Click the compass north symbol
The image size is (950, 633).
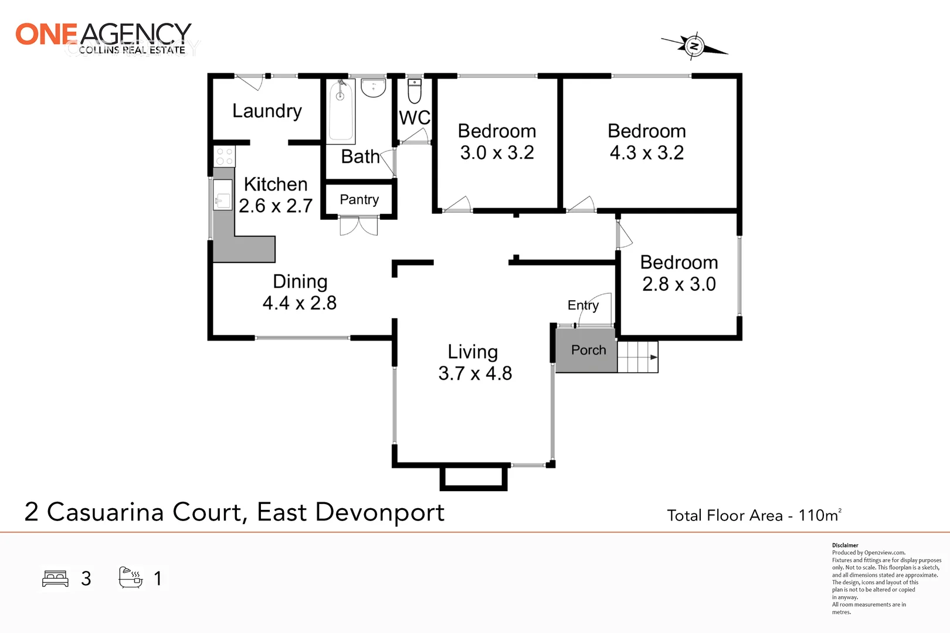694,46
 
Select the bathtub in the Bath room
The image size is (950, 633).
341,110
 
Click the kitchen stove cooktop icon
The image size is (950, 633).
224,156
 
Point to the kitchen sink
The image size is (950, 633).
222,195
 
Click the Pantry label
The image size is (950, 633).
359,199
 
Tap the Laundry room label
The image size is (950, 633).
267,111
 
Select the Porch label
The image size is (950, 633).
588,350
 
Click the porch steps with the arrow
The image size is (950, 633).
638,356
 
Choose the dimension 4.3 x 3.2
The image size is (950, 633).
646,153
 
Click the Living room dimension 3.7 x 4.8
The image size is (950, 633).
475,373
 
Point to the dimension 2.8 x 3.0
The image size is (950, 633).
678,284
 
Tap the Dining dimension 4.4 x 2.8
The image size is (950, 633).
299,303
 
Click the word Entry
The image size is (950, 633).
583,305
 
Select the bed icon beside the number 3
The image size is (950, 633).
56,578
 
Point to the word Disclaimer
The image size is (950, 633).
845,545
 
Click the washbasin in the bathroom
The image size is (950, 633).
373,88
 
